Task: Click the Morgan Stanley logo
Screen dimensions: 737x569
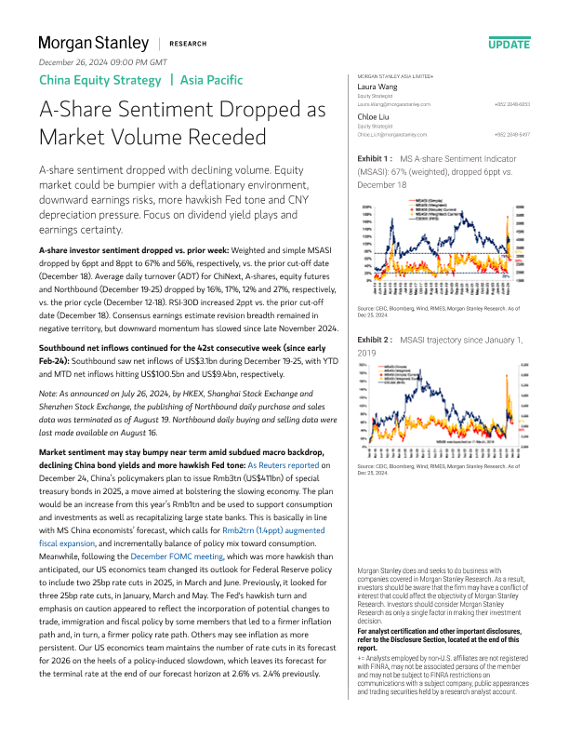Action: [93, 44]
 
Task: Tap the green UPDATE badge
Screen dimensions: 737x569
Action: [509, 44]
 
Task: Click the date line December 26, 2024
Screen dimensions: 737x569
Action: [102, 61]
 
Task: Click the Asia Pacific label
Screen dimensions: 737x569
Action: [212, 80]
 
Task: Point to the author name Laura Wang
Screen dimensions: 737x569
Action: [378, 86]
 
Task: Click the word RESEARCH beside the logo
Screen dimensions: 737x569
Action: [189, 44]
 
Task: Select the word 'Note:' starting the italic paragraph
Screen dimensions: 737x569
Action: [48, 393]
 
